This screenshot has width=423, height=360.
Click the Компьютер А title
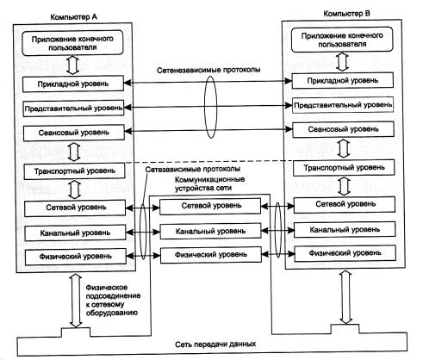pos(73,17)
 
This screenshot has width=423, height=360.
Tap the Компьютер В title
pos(346,14)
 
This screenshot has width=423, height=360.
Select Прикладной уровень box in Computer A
pos(73,84)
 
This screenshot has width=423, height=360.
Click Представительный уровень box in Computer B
pos(343,105)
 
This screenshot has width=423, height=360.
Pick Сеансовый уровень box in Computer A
pos(74,133)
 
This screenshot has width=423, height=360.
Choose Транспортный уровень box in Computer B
pos(344,167)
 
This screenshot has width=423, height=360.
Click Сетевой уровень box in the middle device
pos(210,206)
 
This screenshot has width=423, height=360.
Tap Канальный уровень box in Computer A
pos(75,233)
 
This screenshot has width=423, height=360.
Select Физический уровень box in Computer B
pos(345,253)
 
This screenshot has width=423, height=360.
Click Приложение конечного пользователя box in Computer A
pos(72,43)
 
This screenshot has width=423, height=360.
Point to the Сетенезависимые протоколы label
pos(208,70)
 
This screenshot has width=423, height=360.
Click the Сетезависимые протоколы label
pos(193,169)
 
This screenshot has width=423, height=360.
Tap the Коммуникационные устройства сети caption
pos(209,183)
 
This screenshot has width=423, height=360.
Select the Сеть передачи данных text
pos(215,344)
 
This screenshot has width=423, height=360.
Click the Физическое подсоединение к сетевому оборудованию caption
pos(113,300)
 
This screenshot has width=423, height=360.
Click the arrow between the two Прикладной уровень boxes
pos(208,82)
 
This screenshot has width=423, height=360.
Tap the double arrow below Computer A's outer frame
pos(76,301)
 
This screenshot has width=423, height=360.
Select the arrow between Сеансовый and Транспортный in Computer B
pos(344,148)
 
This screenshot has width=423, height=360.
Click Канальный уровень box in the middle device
pos(211,231)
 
